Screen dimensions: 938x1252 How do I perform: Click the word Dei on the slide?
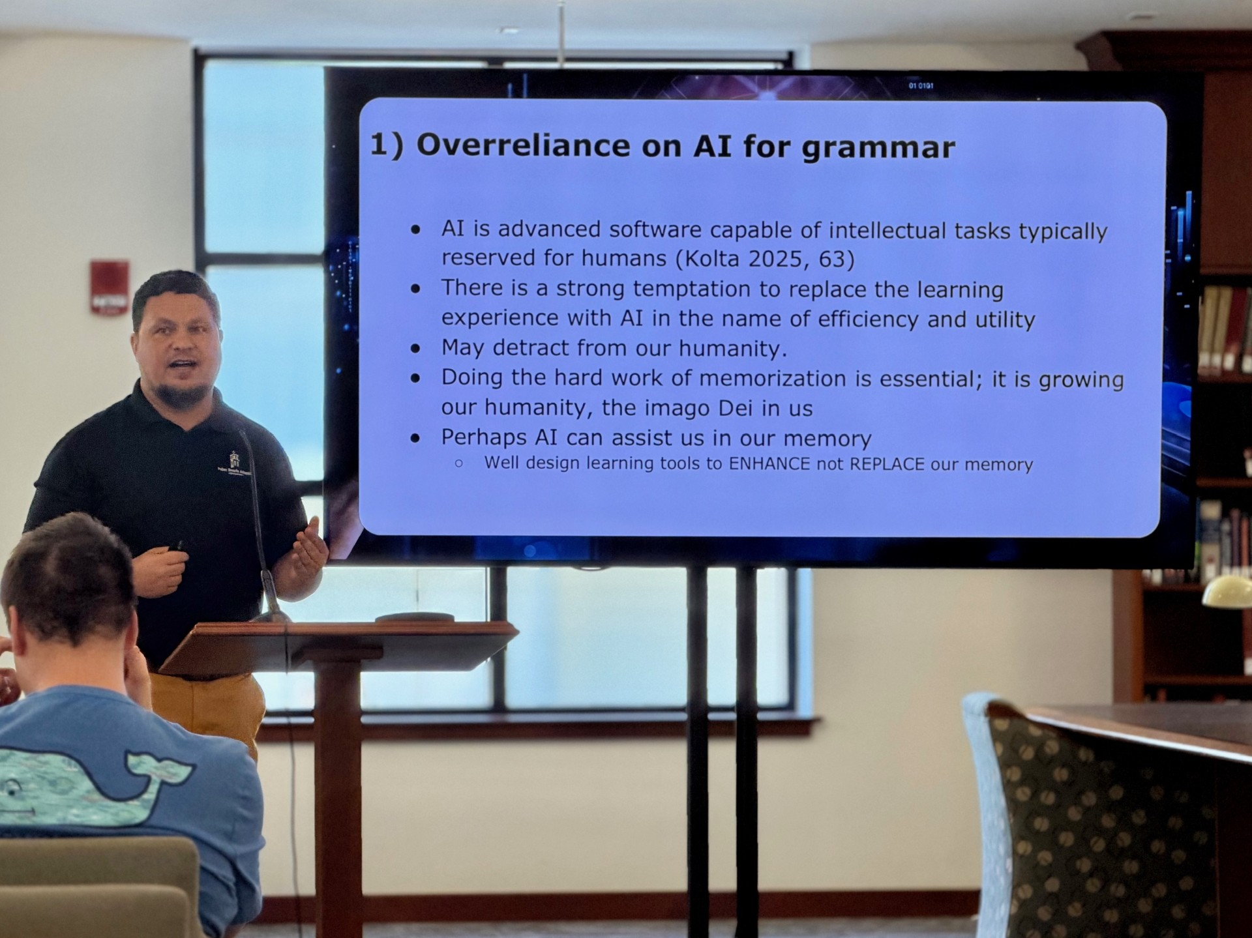(x=736, y=408)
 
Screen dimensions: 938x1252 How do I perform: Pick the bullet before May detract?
(x=415, y=349)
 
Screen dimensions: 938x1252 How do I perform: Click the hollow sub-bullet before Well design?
(x=459, y=463)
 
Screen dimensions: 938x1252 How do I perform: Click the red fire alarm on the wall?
(x=109, y=287)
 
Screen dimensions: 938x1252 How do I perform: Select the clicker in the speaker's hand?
(x=177, y=546)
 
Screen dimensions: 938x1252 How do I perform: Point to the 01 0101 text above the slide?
(x=921, y=85)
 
